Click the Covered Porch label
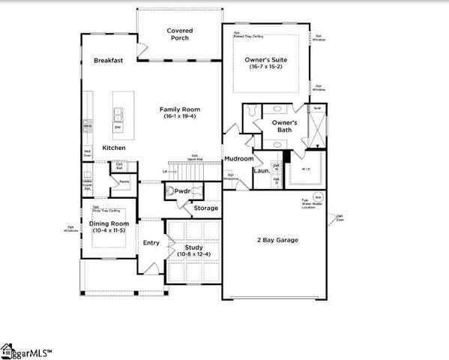179,35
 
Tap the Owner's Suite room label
266,59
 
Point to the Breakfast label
109,61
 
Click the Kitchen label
114,148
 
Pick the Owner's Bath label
284,127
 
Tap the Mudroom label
238,159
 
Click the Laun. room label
261,170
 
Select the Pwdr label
183,192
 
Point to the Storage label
205,208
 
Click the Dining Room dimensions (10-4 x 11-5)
109,230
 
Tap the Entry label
151,242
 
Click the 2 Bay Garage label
277,240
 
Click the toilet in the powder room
170,192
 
